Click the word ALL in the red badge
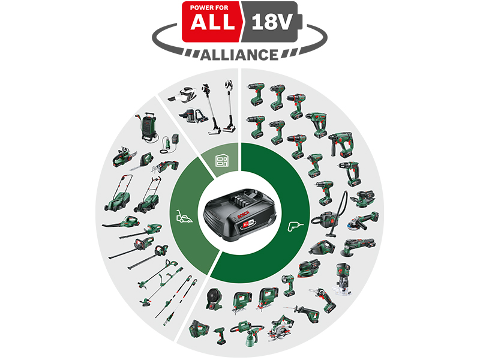point(212,22)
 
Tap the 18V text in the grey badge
point(271,22)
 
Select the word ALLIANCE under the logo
point(239,55)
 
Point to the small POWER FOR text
point(209,8)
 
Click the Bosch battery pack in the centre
point(239,215)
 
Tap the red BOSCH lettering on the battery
point(244,215)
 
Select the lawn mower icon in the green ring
point(184,216)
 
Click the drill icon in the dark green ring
point(295,227)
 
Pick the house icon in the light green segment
point(222,160)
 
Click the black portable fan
point(214,299)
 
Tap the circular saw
point(281,328)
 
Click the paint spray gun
point(247,333)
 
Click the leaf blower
point(121,222)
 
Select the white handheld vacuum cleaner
point(182,95)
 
